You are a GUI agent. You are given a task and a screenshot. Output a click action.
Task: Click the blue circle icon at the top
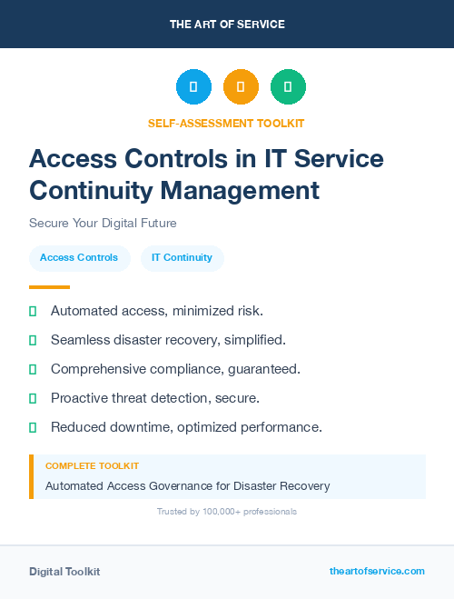click(193, 86)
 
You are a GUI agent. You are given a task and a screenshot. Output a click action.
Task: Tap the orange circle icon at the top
click(241, 86)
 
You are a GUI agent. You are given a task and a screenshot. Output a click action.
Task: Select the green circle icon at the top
click(288, 86)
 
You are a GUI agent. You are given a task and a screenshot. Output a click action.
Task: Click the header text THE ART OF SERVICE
click(227, 25)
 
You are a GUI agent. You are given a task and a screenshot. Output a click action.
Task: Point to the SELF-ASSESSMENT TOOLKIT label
click(226, 123)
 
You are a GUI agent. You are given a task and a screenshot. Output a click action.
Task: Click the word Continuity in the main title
click(92, 190)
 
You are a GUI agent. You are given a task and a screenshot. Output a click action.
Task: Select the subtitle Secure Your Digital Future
click(103, 223)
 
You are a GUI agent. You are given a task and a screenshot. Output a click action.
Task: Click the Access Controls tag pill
click(79, 257)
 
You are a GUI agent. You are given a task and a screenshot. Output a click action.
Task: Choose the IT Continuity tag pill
click(182, 257)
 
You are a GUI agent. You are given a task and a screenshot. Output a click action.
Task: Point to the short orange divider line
click(49, 287)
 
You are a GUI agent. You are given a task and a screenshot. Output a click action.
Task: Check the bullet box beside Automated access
click(33, 311)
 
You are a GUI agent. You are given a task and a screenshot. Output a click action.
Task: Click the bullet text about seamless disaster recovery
click(168, 340)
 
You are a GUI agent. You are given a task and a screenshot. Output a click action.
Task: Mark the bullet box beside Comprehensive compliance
click(33, 369)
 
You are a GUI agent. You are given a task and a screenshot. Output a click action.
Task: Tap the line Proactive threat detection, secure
click(155, 398)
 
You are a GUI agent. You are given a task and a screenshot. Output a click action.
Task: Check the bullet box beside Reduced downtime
click(33, 427)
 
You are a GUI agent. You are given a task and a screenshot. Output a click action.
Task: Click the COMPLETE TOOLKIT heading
click(92, 465)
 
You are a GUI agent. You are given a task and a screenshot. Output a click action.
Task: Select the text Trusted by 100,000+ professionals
click(227, 512)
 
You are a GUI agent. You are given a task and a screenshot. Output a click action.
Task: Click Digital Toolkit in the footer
click(64, 572)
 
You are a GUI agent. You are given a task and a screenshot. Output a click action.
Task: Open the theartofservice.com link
click(377, 571)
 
